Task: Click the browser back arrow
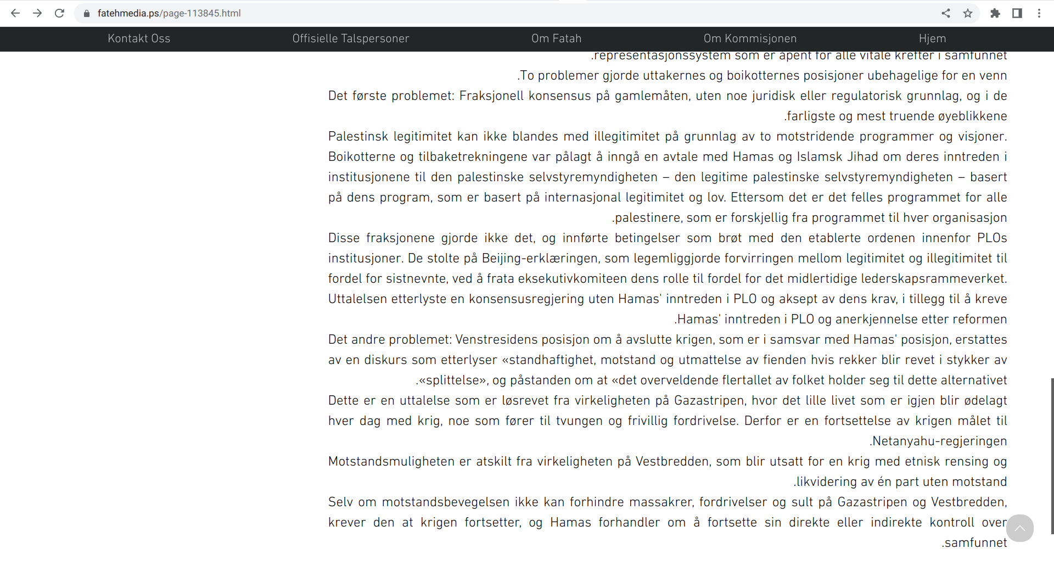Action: click(x=15, y=13)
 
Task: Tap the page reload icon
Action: click(x=59, y=13)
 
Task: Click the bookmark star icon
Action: click(x=968, y=13)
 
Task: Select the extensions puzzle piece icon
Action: click(x=995, y=13)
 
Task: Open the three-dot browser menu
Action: click(x=1039, y=13)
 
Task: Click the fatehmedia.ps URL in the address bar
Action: click(x=169, y=13)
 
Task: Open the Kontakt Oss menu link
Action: click(x=139, y=38)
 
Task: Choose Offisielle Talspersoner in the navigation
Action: click(x=351, y=38)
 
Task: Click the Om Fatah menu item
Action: click(x=556, y=38)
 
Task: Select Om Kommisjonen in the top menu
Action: click(x=750, y=38)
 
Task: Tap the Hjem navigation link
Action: click(x=932, y=38)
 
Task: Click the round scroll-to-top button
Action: click(x=1019, y=528)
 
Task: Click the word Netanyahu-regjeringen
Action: click(x=940, y=441)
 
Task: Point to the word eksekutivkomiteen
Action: click(x=557, y=278)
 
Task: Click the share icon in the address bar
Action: click(x=945, y=13)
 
